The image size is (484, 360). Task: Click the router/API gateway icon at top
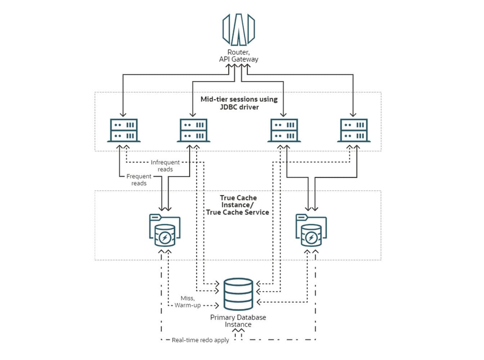pyautogui.click(x=238, y=30)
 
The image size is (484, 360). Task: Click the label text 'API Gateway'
pyautogui.click(x=238, y=59)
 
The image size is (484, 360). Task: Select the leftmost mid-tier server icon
pyautogui.click(x=124, y=130)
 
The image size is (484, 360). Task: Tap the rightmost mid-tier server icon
pyautogui.click(x=354, y=130)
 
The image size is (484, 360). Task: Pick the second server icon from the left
pyautogui.click(x=193, y=130)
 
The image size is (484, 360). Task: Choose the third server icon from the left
pyautogui.click(x=284, y=130)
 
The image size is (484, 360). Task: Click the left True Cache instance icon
pyautogui.click(x=165, y=230)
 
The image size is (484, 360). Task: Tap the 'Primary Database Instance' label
pyautogui.click(x=238, y=321)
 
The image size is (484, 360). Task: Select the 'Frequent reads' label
pyautogui.click(x=139, y=180)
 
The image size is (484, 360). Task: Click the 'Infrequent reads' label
pyautogui.click(x=165, y=166)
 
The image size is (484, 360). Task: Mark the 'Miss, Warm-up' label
pyautogui.click(x=188, y=302)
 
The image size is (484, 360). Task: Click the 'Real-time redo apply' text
pyautogui.click(x=200, y=340)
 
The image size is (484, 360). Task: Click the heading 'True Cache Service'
pyautogui.click(x=237, y=212)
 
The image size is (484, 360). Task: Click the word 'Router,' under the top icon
pyautogui.click(x=238, y=52)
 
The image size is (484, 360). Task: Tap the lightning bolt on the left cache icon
pyautogui.click(x=165, y=238)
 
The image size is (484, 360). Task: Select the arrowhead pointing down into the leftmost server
pyautogui.click(x=123, y=114)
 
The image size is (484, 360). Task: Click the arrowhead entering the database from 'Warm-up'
pyautogui.click(x=217, y=306)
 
